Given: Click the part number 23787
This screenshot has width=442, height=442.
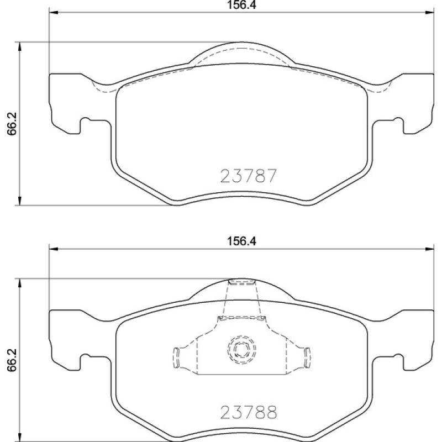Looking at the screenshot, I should (248, 176).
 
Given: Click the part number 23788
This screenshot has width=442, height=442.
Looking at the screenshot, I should (248, 413).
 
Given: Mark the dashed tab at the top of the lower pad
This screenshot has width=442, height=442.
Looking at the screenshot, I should (241, 283).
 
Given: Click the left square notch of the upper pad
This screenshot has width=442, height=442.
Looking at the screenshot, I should (86, 125).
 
